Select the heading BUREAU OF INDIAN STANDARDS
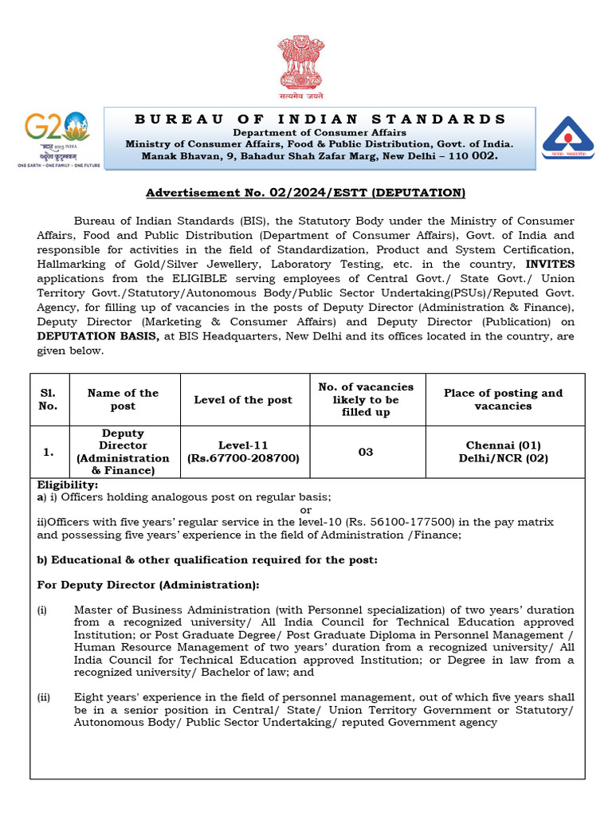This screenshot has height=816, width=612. (x=320, y=119)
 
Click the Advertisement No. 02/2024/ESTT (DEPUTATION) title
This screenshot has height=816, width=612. (x=305, y=193)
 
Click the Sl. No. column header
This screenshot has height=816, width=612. (x=49, y=399)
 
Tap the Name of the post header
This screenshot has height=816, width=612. (x=123, y=399)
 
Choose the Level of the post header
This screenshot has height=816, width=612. (x=243, y=400)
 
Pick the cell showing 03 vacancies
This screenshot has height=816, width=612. (x=366, y=452)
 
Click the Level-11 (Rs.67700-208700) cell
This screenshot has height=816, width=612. (x=243, y=452)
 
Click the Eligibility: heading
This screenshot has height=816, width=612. (x=68, y=484)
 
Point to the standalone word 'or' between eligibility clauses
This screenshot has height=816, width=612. (x=305, y=509)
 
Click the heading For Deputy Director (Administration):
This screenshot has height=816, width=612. (x=148, y=585)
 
